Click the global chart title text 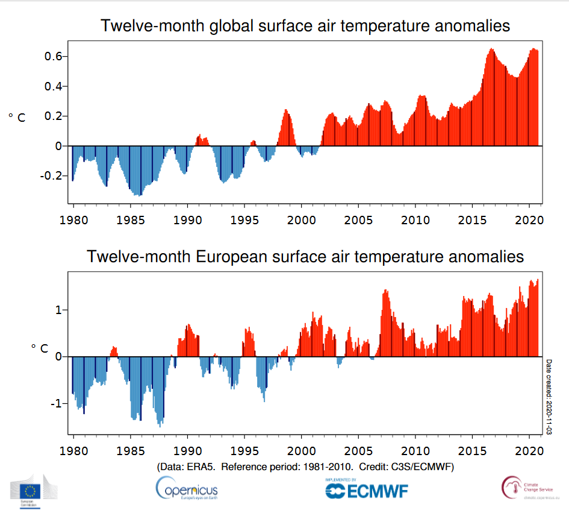click(305, 26)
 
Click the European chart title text click(305, 256)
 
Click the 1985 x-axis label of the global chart click(129, 220)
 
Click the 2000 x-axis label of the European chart click(301, 451)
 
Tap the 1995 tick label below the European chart click(244, 451)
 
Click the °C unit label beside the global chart click(17, 118)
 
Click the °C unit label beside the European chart click(39, 348)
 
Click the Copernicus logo click(187, 488)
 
